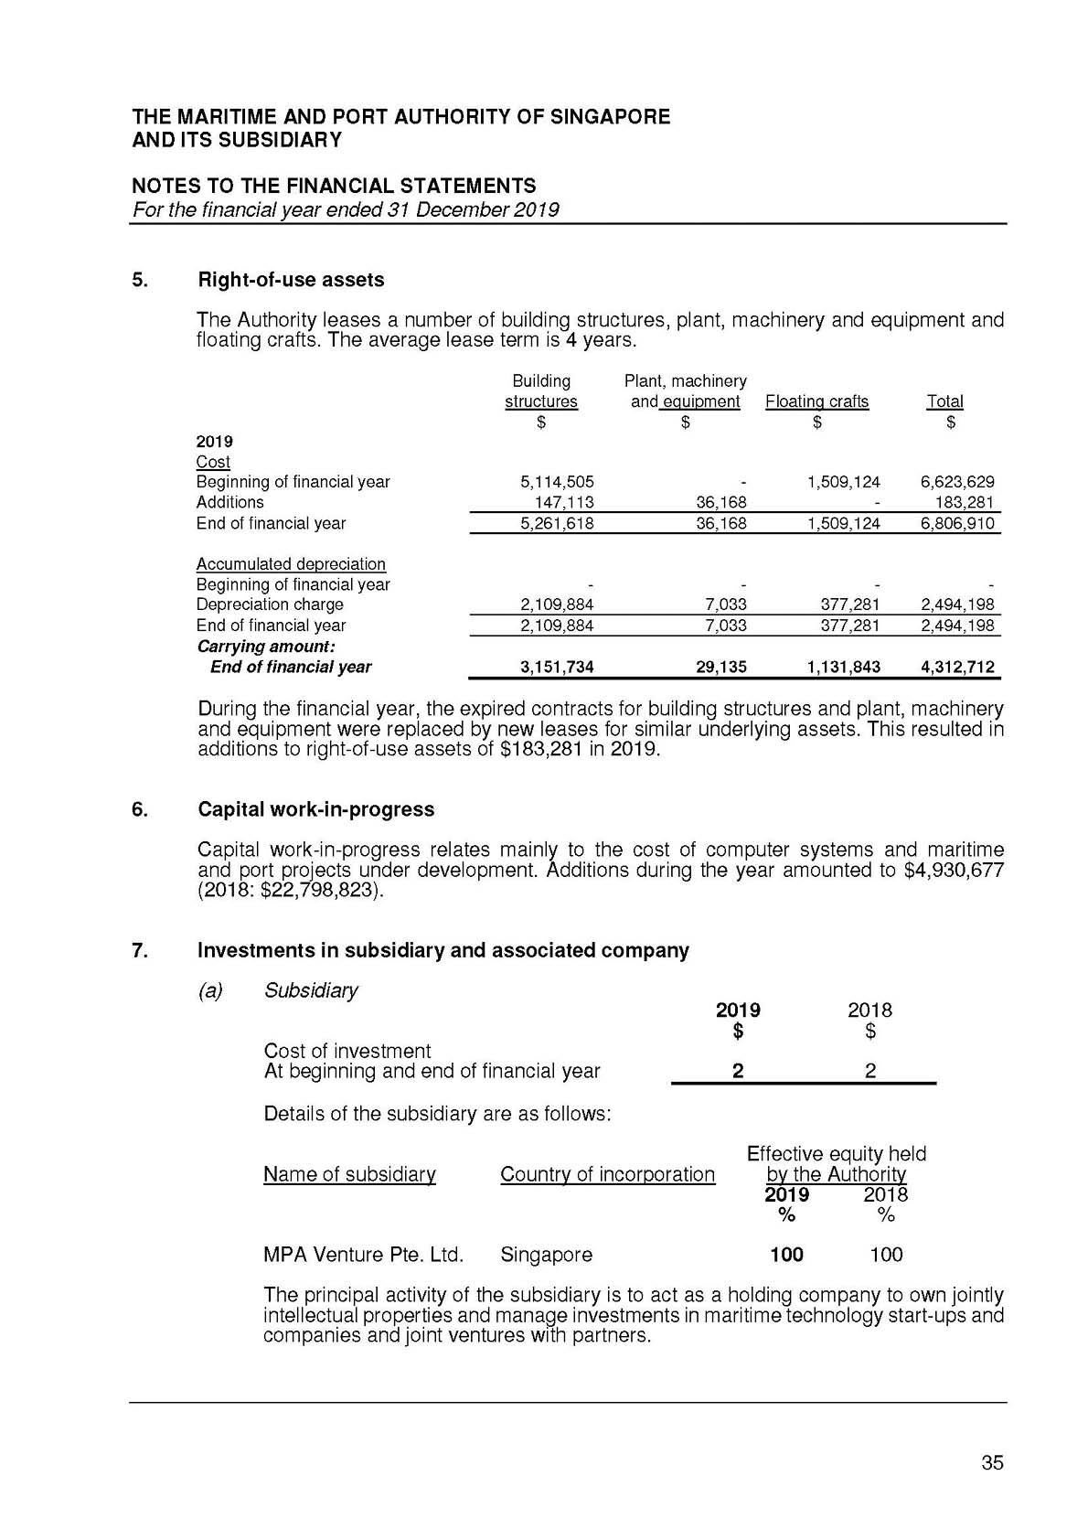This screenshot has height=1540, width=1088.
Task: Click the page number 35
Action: click(992, 1463)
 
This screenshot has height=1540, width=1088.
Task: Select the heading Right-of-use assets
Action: click(291, 280)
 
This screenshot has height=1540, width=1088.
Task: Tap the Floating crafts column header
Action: click(816, 401)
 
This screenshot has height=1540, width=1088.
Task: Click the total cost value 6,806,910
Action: click(957, 524)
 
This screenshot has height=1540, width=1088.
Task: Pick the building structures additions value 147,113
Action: click(564, 503)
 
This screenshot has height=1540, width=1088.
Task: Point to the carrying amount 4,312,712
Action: click(957, 668)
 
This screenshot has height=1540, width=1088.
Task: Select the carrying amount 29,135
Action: click(721, 668)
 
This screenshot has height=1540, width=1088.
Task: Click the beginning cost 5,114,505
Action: click(557, 482)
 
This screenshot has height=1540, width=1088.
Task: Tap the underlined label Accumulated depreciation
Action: click(291, 564)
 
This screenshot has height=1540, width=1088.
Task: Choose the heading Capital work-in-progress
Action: click(315, 809)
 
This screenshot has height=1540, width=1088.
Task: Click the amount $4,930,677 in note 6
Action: click(953, 870)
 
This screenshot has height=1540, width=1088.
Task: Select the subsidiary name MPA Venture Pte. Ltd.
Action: click(363, 1255)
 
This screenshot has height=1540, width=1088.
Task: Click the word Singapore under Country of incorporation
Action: click(546, 1255)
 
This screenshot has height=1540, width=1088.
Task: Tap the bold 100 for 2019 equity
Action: click(786, 1255)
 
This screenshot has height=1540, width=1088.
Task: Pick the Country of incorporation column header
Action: click(607, 1174)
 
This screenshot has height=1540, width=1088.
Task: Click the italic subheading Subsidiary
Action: click(311, 990)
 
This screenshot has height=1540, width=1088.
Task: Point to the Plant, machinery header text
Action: click(685, 381)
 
